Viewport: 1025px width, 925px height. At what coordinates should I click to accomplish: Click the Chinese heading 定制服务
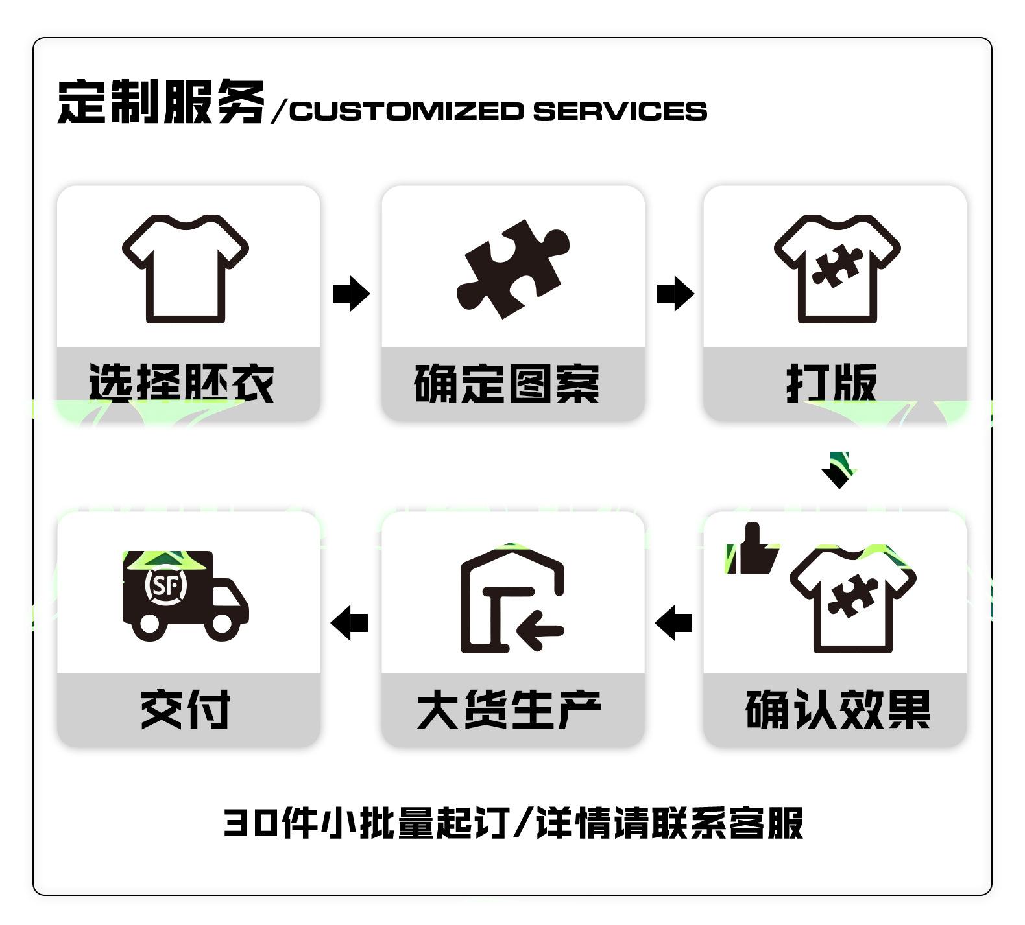[161, 102]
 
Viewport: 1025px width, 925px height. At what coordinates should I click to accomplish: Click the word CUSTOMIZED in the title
[407, 111]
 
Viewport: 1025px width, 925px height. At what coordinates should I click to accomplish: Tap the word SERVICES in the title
[620, 111]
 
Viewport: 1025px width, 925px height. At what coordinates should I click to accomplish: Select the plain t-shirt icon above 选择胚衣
[186, 268]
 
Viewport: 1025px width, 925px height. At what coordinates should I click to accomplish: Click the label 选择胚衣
[182, 383]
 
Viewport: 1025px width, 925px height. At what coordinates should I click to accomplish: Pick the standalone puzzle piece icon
[513, 269]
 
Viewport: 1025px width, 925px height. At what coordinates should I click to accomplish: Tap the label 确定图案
[507, 383]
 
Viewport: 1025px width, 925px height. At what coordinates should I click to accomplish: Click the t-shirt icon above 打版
[837, 268]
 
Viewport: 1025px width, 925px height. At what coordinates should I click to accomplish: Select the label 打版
[832, 383]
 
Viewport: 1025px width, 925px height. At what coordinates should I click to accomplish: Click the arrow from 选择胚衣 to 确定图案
[351, 294]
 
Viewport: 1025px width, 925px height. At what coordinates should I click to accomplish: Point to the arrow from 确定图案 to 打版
[675, 294]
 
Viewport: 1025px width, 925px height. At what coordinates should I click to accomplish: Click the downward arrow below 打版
[839, 471]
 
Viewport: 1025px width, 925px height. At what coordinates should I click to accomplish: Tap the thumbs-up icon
[752, 548]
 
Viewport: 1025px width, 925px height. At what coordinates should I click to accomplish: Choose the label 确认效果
[838, 710]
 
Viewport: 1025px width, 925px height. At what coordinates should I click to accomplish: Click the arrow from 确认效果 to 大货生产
[674, 623]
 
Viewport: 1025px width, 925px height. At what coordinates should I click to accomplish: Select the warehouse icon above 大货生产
[512, 600]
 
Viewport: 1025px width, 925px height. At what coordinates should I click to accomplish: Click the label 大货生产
[509, 710]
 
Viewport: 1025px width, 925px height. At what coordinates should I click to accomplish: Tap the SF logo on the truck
[165, 585]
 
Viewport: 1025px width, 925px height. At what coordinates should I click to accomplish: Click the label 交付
[186, 710]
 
